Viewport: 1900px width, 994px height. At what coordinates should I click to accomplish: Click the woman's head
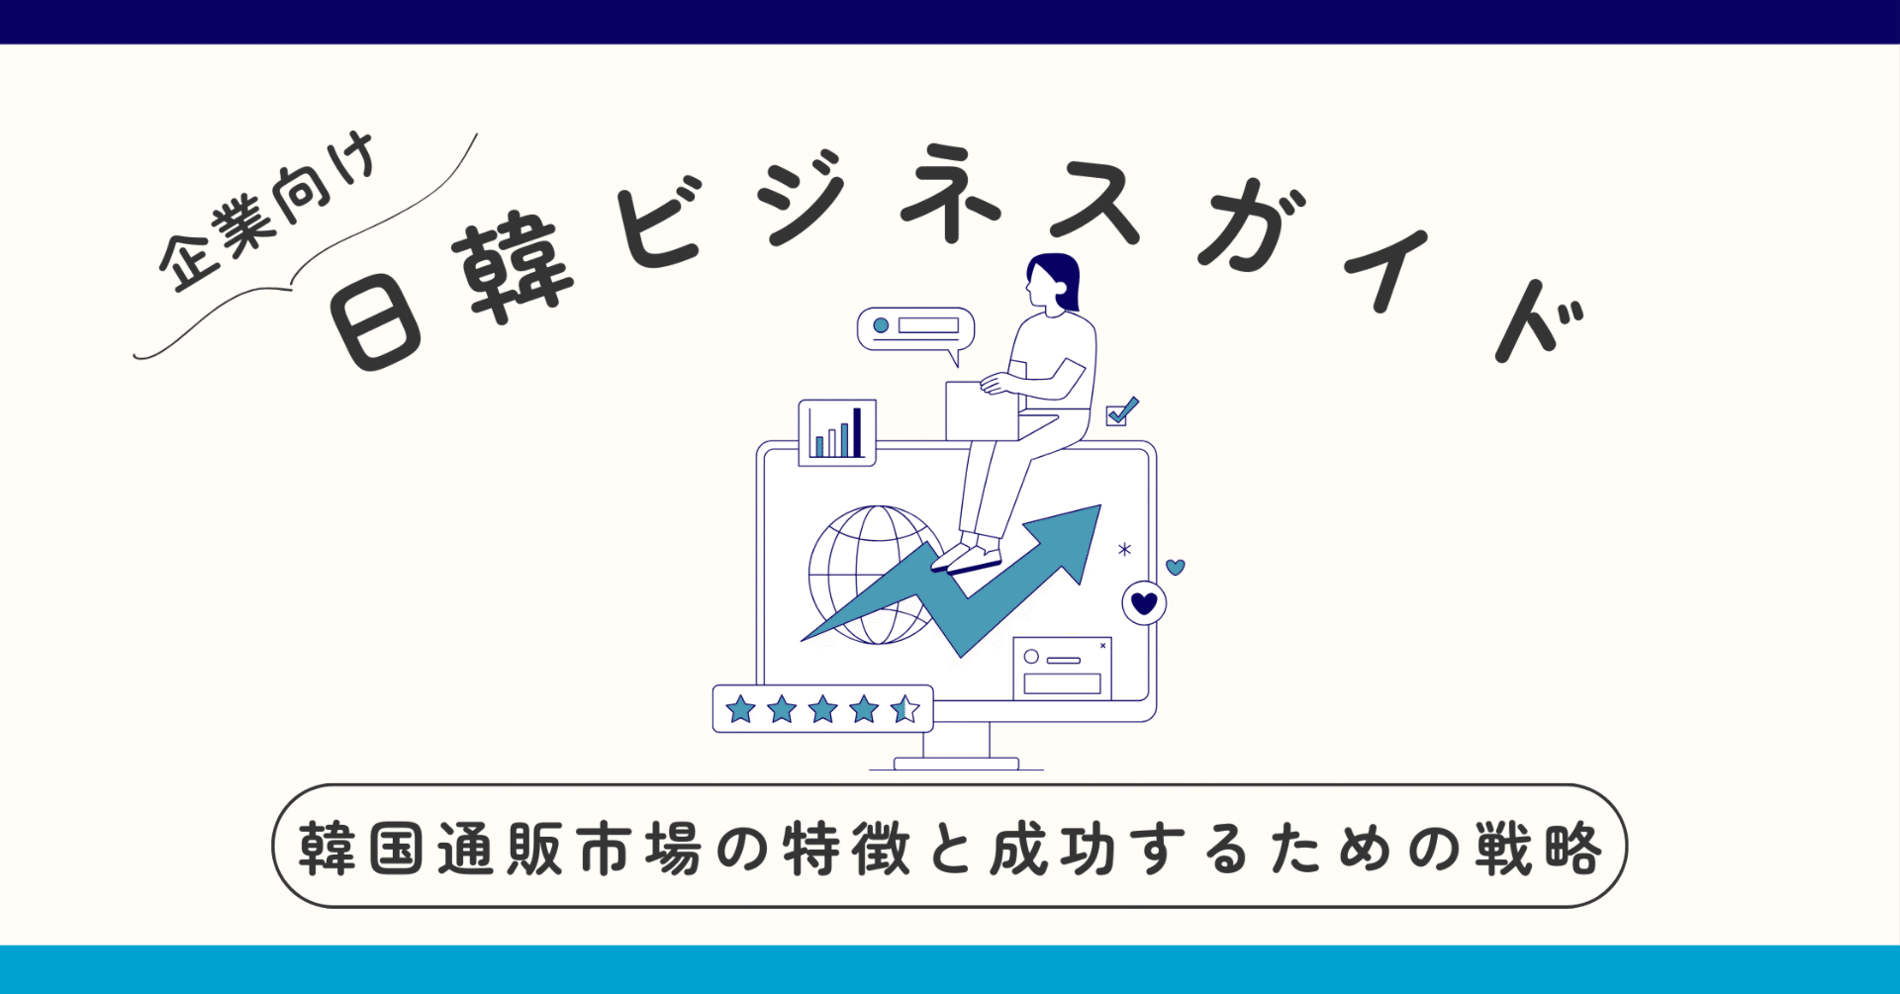coord(1051,281)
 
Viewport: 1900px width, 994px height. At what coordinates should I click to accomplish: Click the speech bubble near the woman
coord(915,328)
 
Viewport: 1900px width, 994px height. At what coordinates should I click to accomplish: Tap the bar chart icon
coord(837,432)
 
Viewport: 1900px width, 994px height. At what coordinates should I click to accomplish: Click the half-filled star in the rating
coord(904,709)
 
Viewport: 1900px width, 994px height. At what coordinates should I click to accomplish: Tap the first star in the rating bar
coord(740,709)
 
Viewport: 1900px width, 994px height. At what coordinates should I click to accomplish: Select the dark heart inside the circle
coord(1144,602)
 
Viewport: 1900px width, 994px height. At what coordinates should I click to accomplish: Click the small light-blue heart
coord(1176,567)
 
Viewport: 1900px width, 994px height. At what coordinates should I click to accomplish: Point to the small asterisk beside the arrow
coord(1124,549)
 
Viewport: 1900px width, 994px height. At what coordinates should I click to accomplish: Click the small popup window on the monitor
coord(1062,669)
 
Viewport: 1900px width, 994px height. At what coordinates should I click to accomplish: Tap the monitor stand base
coord(956,764)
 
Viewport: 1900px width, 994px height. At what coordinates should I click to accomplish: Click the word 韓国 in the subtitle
coord(362,848)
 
